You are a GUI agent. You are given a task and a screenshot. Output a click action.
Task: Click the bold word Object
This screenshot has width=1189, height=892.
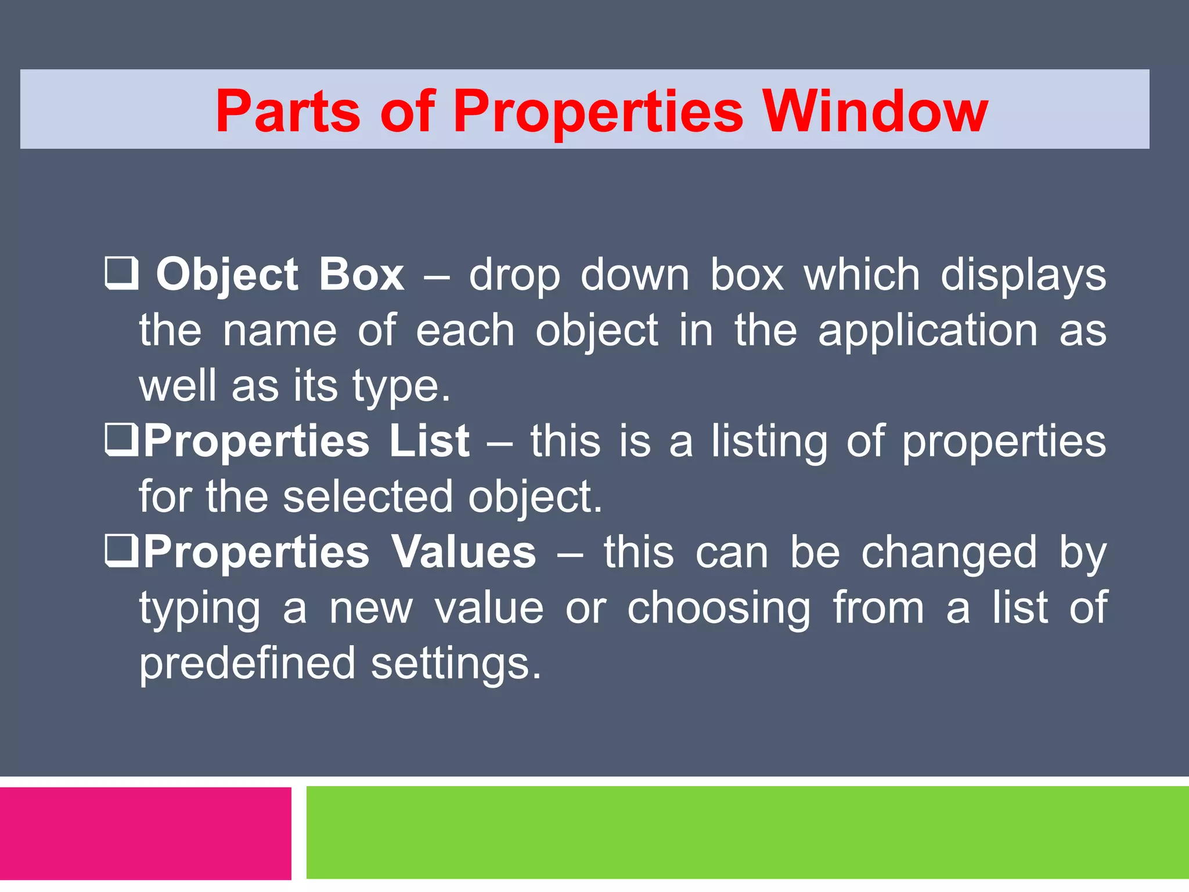point(227,274)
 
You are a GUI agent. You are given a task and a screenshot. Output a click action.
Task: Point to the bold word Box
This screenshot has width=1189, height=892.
point(361,274)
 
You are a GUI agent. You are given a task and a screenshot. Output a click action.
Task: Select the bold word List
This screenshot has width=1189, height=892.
point(429,441)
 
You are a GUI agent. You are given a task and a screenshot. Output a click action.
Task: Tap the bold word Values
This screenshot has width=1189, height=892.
point(463,552)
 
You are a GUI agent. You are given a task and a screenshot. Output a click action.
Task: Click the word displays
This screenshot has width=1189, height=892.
point(1023,274)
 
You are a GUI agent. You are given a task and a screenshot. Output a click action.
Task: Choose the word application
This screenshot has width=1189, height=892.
point(927,330)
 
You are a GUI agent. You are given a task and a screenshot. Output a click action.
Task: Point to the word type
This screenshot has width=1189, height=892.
point(401,386)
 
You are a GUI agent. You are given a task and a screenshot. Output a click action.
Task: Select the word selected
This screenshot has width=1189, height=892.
point(367,497)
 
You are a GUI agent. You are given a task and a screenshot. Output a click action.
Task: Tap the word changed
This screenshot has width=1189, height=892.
point(949,552)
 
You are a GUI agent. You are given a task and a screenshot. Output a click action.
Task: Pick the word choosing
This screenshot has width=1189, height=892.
point(719,607)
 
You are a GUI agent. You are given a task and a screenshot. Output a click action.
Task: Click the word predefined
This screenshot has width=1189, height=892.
point(247,663)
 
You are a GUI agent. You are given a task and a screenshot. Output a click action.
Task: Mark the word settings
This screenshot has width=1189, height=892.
point(456,663)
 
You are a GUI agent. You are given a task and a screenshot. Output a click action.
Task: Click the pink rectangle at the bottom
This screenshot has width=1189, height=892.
point(145,833)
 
